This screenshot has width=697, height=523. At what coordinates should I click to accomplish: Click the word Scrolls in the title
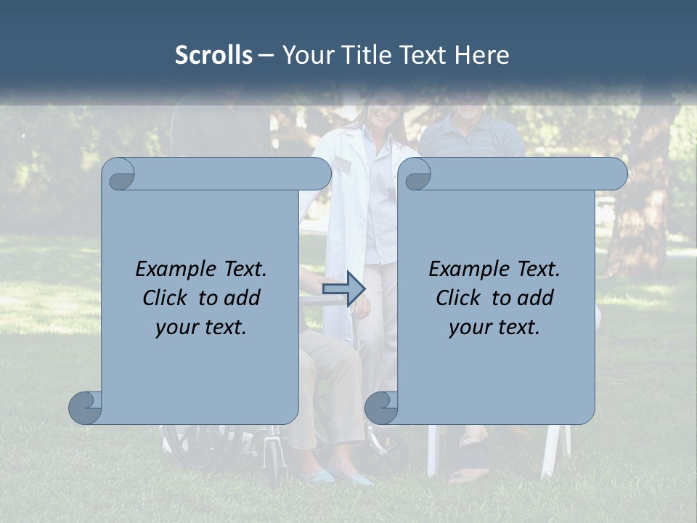213,55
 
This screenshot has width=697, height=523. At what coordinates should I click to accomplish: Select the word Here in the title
481,55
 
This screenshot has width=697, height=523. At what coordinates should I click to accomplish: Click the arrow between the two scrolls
343,288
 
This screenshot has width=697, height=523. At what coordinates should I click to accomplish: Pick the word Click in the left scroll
167,298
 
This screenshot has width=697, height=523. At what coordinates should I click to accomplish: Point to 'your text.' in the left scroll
201,327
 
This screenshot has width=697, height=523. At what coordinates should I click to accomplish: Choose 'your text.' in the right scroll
494,327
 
